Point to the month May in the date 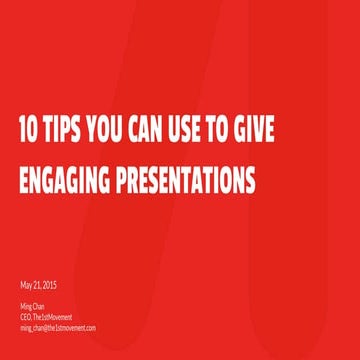coord(26,285)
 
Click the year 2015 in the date coord(49,285)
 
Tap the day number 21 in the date coord(37,285)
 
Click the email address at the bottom coord(57,327)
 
